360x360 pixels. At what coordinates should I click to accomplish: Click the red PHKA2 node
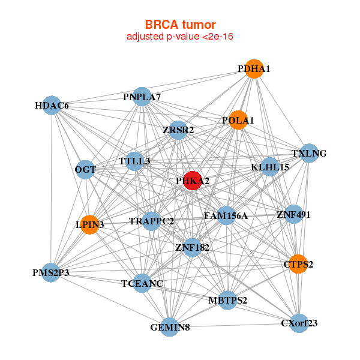[x=191, y=181]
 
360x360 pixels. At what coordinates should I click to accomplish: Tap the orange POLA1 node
[x=238, y=120]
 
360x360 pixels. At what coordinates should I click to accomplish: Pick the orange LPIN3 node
[x=89, y=225]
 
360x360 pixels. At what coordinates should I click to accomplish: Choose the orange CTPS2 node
[x=298, y=264]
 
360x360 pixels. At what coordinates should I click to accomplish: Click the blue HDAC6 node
[x=52, y=106]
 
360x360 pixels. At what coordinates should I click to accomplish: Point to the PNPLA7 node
[x=142, y=97]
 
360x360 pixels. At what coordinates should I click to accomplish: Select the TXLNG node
[x=309, y=153]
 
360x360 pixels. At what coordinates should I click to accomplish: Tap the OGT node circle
[x=85, y=170]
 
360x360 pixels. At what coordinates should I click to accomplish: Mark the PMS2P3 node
[x=51, y=273]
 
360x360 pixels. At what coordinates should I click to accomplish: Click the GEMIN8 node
[x=170, y=327]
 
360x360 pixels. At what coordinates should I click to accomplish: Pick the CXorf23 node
[x=299, y=323]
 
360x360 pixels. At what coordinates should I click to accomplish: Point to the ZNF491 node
[x=293, y=214]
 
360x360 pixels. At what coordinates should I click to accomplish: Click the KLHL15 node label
[x=270, y=167]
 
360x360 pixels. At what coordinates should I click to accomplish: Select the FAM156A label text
[x=226, y=216]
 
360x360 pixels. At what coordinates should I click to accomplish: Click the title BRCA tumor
[x=179, y=25]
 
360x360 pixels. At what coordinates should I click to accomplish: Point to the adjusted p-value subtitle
[x=179, y=37]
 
